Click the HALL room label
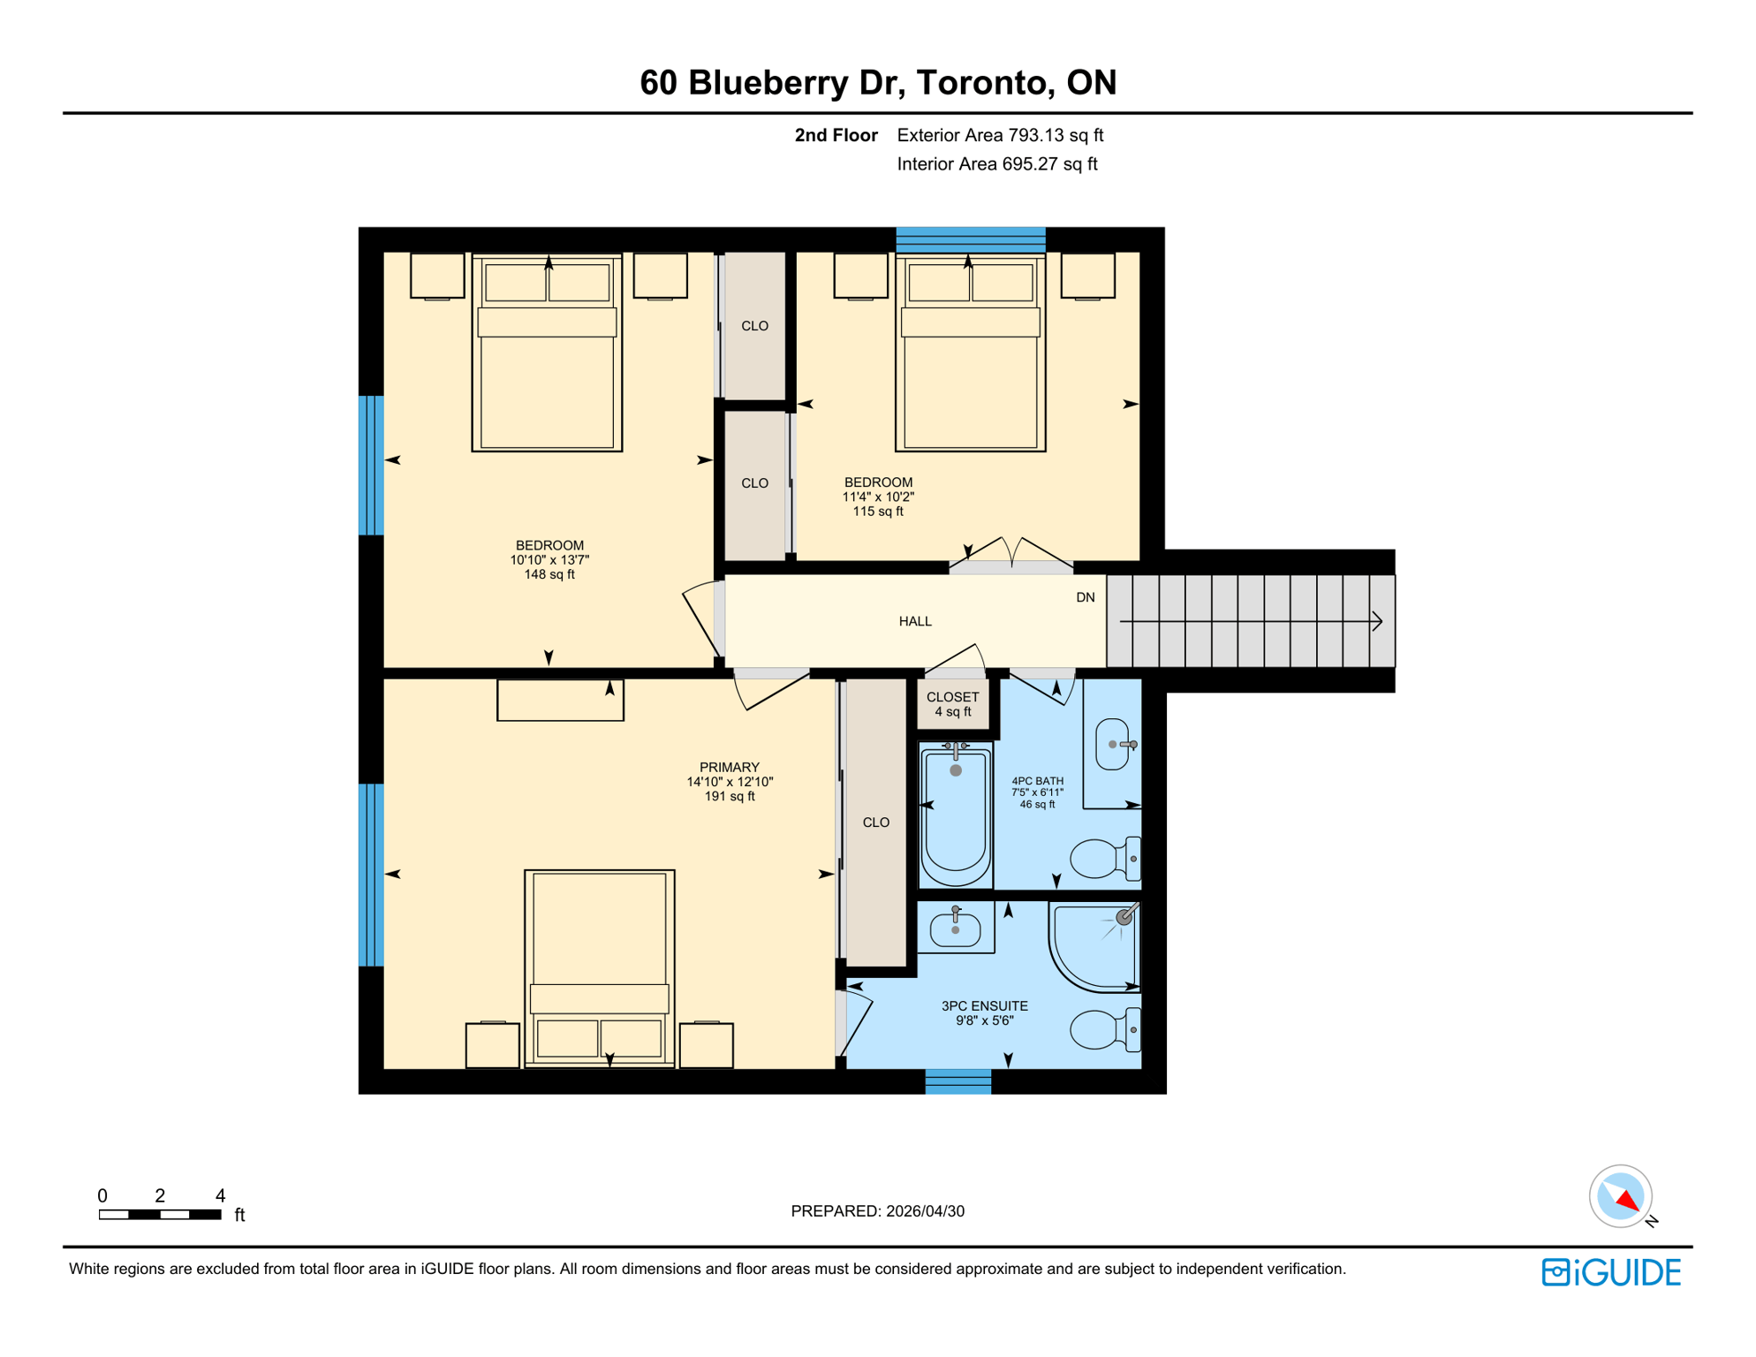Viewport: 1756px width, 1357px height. coord(915,621)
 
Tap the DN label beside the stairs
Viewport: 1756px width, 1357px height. coord(1086,597)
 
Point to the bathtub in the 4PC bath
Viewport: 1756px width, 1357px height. coord(955,815)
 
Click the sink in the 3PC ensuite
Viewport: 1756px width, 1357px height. coord(955,929)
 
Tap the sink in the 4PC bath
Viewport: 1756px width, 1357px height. coord(1113,745)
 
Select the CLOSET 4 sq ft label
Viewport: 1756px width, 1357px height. coord(952,704)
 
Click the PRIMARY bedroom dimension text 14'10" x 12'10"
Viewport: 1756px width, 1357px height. coord(730,782)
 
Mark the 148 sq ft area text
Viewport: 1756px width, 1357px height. coord(549,574)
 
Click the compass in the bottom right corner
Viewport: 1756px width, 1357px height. coord(1621,1196)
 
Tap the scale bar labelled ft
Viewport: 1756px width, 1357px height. coord(160,1214)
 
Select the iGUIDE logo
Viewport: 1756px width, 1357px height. coord(1611,1272)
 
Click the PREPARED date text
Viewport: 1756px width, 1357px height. coord(877,1211)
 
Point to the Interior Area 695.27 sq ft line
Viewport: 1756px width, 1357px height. coord(996,164)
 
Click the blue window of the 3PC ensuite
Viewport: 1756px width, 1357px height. coord(957,1081)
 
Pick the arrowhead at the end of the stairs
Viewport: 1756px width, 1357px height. coord(1377,621)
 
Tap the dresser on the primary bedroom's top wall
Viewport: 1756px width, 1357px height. coord(560,700)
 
